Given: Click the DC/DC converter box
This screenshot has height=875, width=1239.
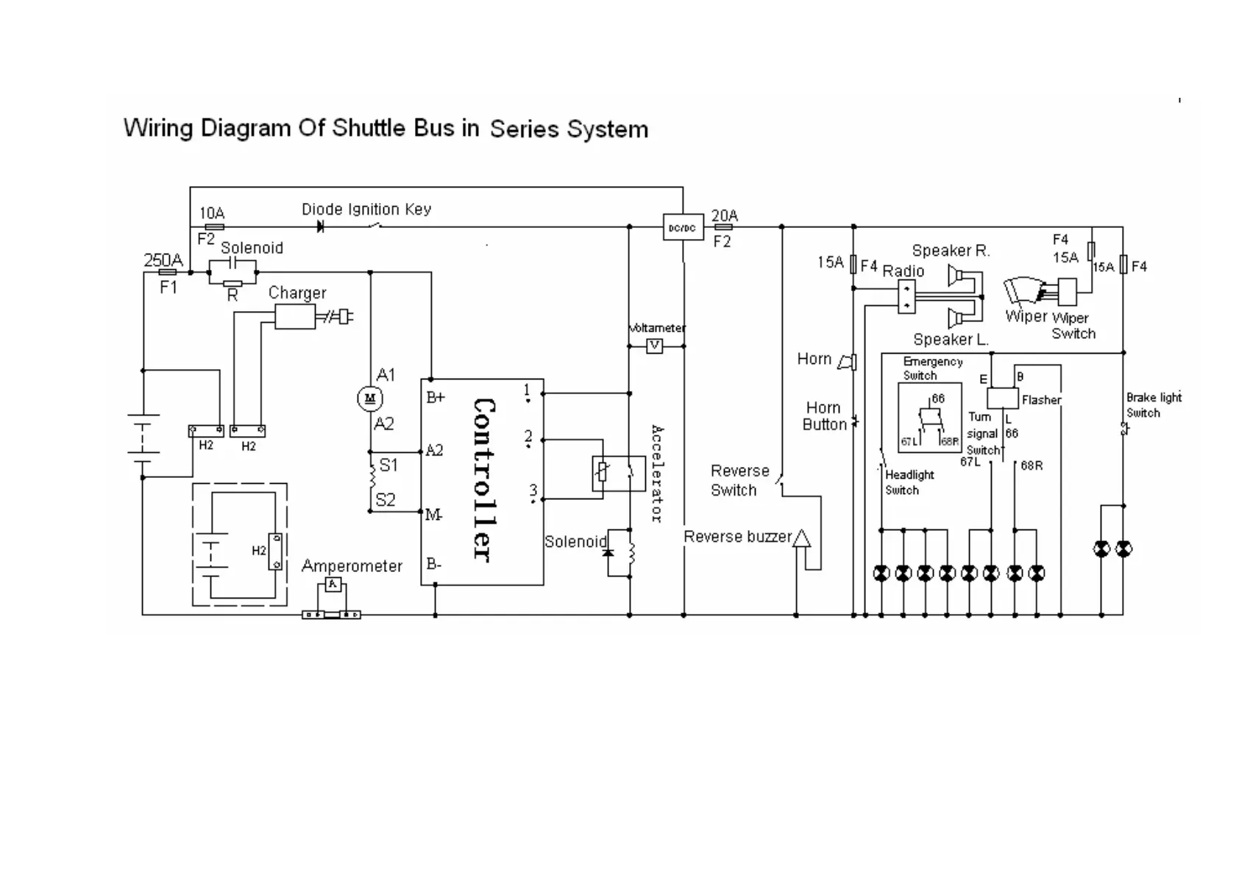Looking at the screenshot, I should point(682,228).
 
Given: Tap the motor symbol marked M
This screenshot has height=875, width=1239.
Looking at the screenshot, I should point(369,399).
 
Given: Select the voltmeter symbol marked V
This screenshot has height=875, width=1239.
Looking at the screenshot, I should point(654,346).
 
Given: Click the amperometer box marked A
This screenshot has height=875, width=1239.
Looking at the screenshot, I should point(333,585).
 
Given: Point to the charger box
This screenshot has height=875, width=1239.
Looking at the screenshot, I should point(295,317).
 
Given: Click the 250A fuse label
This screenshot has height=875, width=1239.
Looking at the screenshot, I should point(163,260).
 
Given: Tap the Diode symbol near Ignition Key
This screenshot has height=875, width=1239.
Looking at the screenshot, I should point(320,227).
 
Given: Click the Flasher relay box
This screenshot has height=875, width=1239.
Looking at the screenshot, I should point(1002,398).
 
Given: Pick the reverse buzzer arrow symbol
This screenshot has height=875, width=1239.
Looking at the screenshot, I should point(800,538).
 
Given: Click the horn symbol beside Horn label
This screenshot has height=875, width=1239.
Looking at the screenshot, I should point(848,361).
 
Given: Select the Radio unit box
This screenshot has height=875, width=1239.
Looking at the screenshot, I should point(906,296).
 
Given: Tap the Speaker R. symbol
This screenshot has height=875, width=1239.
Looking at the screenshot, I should point(956,276).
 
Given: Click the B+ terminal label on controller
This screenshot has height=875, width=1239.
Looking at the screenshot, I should point(436,398).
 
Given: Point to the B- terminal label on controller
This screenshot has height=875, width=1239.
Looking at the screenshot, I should point(434,565).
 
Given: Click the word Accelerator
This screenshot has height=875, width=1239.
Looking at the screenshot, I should point(657,474).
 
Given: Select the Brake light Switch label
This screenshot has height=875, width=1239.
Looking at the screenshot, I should point(1153,405).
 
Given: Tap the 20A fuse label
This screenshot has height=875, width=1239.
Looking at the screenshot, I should point(724,215).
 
